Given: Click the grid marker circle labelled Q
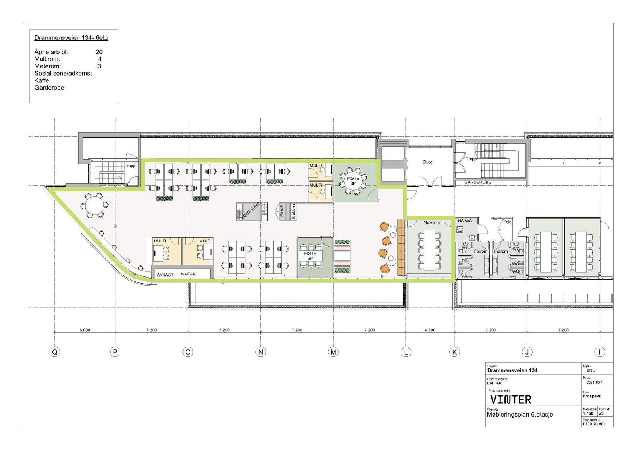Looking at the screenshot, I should coord(55,352).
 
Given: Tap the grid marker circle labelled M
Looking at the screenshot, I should coord(333,352).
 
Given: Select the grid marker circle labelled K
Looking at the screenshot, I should coord(454,352).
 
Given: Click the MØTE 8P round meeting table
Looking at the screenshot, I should coord(353,181).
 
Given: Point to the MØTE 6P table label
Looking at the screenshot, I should coord(310,256).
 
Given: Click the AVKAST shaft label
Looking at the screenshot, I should coord(165,275).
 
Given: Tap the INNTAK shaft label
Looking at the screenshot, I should coord(188,274).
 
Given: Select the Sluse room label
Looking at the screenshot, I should coord(427,162).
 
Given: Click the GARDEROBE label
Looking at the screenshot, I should coord(477,182).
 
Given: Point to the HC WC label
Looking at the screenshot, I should coord(465,221).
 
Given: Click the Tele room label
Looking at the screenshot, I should coord(508,222).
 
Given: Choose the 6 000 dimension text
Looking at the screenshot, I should coord(85,330).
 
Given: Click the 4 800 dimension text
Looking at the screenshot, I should coord(430,330).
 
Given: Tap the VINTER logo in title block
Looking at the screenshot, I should coord(510,399).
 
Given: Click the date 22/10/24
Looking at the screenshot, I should coord(594,383).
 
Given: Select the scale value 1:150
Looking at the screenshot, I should coord(588,413).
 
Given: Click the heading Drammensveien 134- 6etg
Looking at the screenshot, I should coord(71,38).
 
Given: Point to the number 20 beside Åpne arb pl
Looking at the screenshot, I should coord(99,52).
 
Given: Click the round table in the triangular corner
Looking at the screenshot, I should coord(94,205).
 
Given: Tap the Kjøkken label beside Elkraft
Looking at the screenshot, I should coord(293,211).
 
